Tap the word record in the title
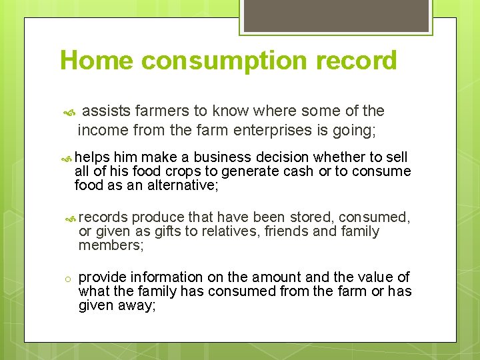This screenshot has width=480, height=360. (357, 61)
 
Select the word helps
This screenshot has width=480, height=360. (93, 157)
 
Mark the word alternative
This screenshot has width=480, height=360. (182, 185)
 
